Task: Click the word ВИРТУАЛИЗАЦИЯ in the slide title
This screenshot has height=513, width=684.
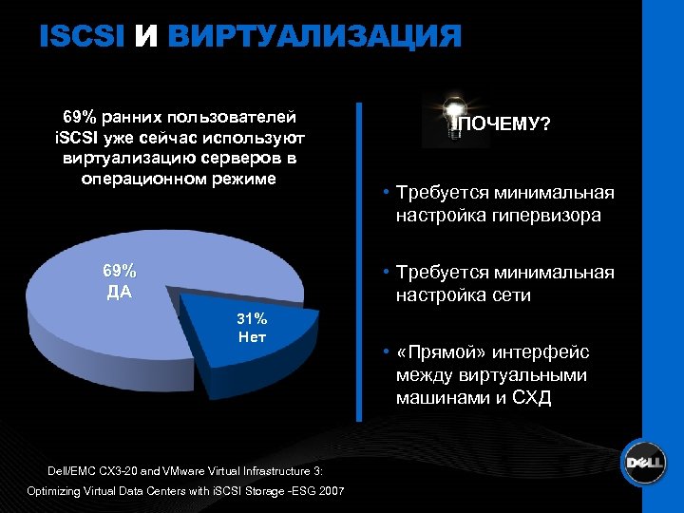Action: click(x=313, y=36)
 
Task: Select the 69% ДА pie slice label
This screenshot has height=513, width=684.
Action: click(x=119, y=279)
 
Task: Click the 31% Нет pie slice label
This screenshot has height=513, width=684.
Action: click(x=253, y=327)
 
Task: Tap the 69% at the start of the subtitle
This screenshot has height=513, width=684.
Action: click(x=80, y=117)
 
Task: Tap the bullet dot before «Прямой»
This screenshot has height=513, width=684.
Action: click(x=388, y=352)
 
